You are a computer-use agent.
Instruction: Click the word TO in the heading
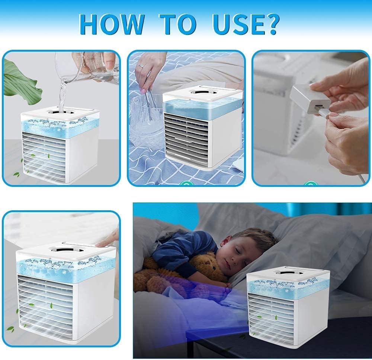pyautogui.click(x=178, y=24)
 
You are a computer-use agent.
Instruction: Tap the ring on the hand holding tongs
pyautogui.click(x=141, y=65)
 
